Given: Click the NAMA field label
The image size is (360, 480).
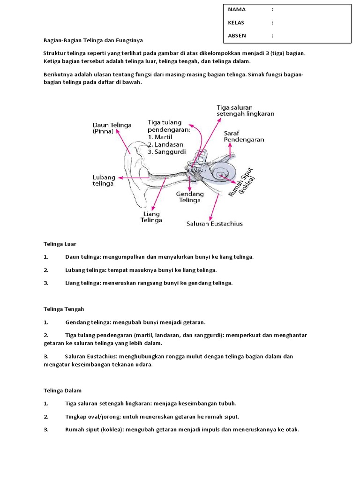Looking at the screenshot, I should (237, 9).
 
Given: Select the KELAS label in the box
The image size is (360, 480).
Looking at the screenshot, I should (236, 22).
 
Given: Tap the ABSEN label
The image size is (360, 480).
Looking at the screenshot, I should (237, 35).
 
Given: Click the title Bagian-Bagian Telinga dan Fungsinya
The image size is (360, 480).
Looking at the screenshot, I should (93, 41).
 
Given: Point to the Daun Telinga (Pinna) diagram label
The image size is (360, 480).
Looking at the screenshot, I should (112, 128).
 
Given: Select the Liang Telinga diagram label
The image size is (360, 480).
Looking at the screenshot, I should (151, 217).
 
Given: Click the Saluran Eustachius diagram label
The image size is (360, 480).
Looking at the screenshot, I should (215, 224).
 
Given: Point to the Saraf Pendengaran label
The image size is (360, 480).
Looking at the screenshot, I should (243, 136).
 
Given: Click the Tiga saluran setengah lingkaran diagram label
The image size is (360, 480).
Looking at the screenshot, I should (245, 111).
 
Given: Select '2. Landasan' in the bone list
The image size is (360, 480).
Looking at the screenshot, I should (165, 144).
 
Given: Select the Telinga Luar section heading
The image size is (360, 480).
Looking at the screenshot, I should (60, 244).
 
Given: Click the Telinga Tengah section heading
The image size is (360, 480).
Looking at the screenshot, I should (64, 309).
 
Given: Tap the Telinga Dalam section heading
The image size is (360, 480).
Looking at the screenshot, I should (62, 390).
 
